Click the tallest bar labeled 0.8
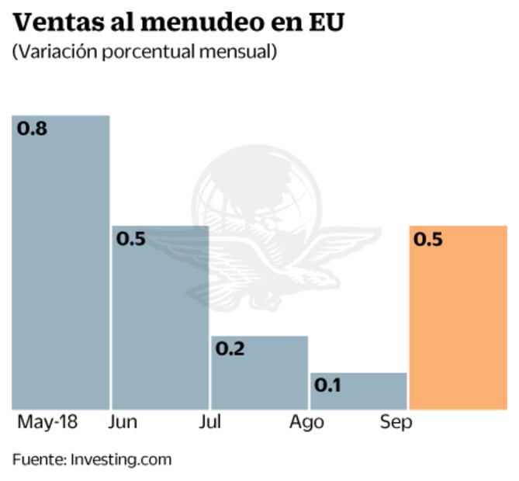(x=61, y=264)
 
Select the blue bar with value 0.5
(x=160, y=318)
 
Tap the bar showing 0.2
(x=259, y=372)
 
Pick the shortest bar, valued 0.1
(x=358, y=391)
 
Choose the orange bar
(x=458, y=318)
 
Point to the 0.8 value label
(x=33, y=129)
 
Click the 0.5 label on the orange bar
(x=428, y=240)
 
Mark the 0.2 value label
(x=230, y=349)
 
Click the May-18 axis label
(x=47, y=423)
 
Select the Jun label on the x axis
(x=124, y=423)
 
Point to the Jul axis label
(x=210, y=423)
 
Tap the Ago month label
(x=307, y=423)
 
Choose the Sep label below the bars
(x=396, y=423)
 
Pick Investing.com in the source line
(x=121, y=459)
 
